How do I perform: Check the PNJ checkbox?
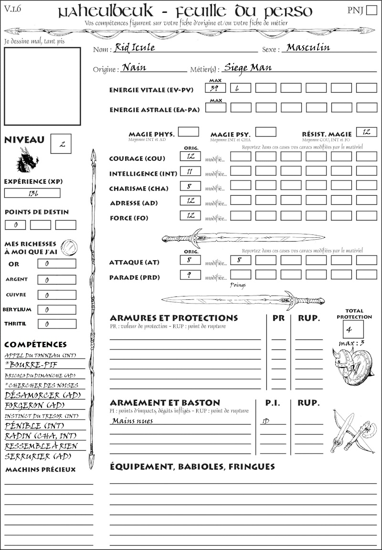[371, 11]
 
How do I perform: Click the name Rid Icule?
[135, 48]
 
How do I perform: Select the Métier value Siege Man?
[248, 67]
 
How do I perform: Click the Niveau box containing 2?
[62, 144]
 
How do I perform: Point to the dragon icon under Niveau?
[27, 160]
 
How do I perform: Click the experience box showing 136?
[32, 193]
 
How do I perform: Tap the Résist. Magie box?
[366, 132]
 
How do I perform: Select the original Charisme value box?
[191, 187]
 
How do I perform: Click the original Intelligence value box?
[191, 171]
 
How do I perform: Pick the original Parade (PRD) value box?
[191, 275]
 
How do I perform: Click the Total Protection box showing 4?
[353, 329]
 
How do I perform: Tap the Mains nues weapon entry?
[133, 421]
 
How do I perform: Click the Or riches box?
[56, 264]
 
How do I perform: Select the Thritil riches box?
[56, 324]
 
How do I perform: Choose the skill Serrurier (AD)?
[38, 456]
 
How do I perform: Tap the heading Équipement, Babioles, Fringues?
[192, 466]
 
